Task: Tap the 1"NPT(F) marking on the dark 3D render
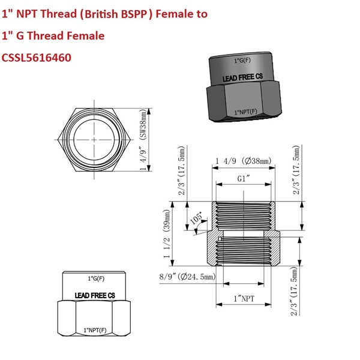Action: (244, 112)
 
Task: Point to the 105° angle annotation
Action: (196, 217)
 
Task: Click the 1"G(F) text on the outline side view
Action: (95, 278)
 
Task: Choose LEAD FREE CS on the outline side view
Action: (95, 295)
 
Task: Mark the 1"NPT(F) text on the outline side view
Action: (95, 331)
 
